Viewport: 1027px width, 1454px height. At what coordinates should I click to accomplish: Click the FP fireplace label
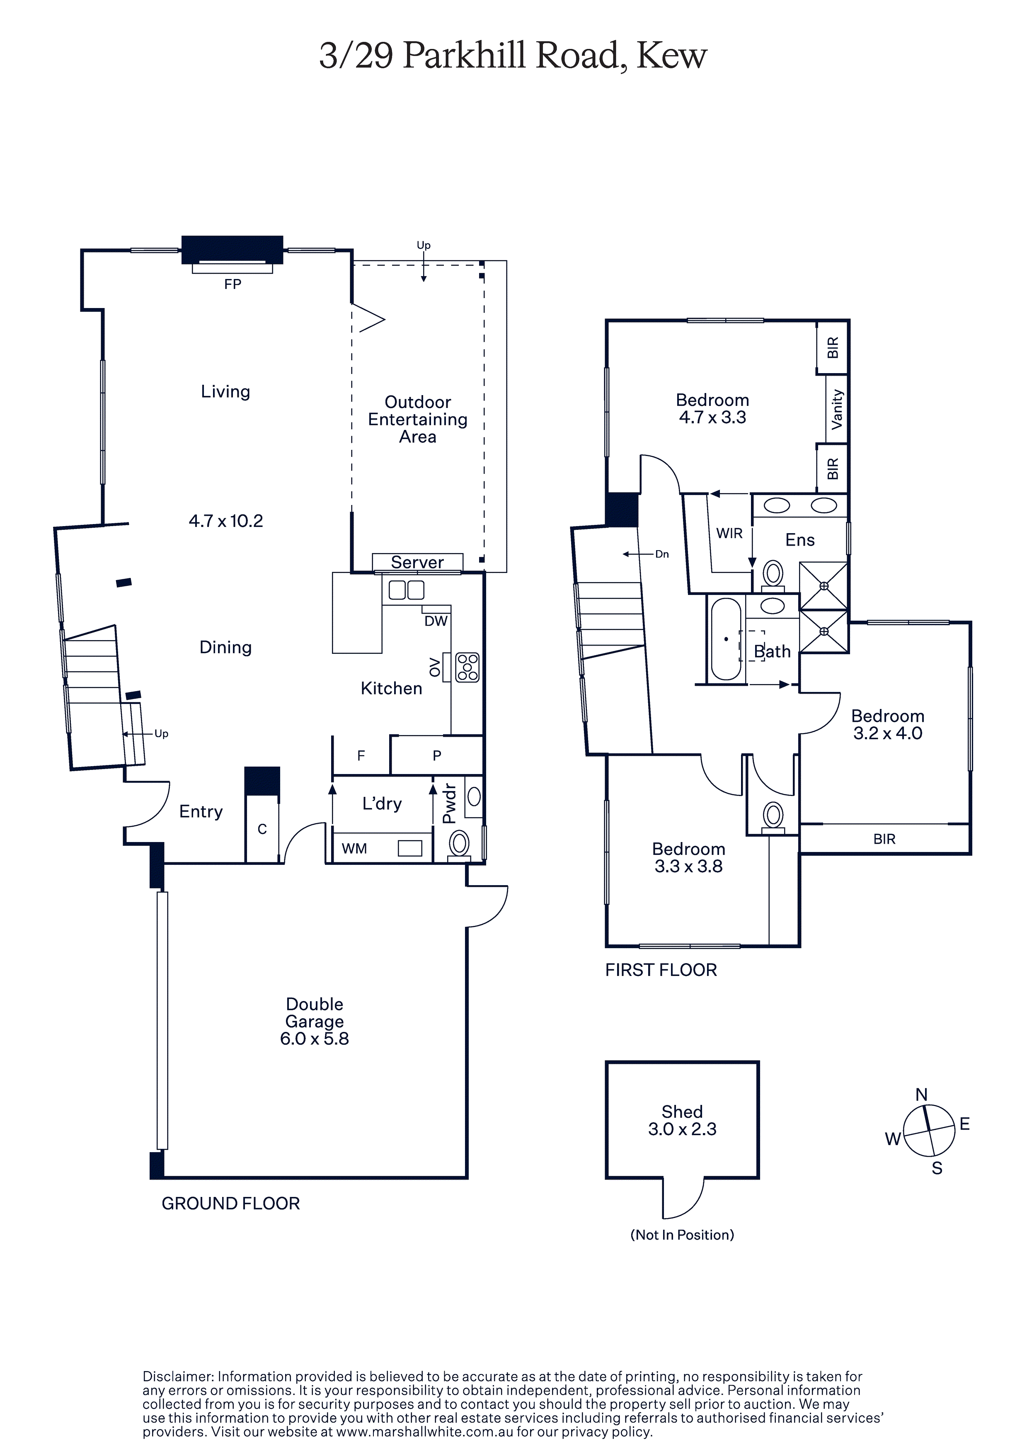point(233,284)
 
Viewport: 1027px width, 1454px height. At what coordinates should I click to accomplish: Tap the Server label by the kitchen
point(417,562)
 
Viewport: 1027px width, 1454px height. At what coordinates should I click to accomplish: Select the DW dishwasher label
point(436,621)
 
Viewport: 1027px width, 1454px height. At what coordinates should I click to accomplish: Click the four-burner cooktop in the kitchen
point(468,668)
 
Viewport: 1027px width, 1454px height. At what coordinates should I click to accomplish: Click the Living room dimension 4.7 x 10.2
point(225,521)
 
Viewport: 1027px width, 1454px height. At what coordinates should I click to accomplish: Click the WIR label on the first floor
point(729,533)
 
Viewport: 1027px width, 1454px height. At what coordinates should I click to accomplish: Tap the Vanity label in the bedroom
point(837,409)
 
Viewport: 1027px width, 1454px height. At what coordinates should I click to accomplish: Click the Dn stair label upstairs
point(661,554)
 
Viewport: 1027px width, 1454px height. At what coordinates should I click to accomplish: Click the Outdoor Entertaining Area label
point(418,419)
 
